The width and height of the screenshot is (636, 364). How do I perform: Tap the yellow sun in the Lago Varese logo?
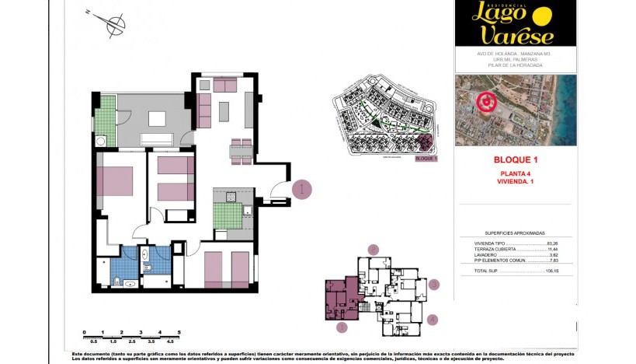pyautogui.click(x=542, y=16)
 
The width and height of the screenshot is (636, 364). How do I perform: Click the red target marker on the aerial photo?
pyautogui.click(x=487, y=101)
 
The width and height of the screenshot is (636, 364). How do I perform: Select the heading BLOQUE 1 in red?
pyautogui.click(x=516, y=159)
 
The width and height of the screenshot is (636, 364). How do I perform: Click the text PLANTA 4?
pyautogui.click(x=516, y=173)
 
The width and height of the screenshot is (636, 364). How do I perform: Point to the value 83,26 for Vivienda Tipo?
pyautogui.click(x=553, y=243)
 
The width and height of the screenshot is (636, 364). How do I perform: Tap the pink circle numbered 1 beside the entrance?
pyautogui.click(x=301, y=189)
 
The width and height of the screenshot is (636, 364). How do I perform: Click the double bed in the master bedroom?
pyautogui.click(x=115, y=180)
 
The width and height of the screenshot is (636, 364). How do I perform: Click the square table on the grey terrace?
pyautogui.click(x=158, y=118)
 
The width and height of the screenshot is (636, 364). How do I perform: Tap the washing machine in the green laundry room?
pyautogui.click(x=102, y=140)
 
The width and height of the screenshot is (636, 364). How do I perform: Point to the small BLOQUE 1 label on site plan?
pyautogui.click(x=426, y=158)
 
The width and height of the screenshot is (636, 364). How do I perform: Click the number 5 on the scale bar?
pyautogui.click(x=179, y=332)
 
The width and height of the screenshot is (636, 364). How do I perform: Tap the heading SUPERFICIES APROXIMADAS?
pyautogui.click(x=515, y=233)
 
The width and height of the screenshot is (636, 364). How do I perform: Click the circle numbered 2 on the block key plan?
pyautogui.click(x=374, y=250)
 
